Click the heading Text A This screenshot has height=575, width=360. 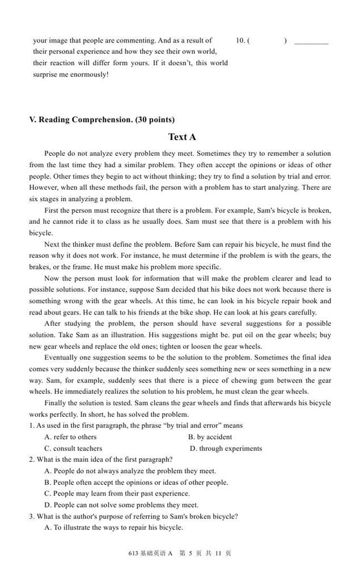182,137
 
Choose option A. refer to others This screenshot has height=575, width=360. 70,437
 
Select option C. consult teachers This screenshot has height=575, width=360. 73,448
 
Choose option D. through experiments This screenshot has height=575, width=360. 226,448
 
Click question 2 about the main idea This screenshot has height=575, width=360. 101,459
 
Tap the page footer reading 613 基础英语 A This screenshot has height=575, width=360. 150,553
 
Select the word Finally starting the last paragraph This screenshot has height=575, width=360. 56,403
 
